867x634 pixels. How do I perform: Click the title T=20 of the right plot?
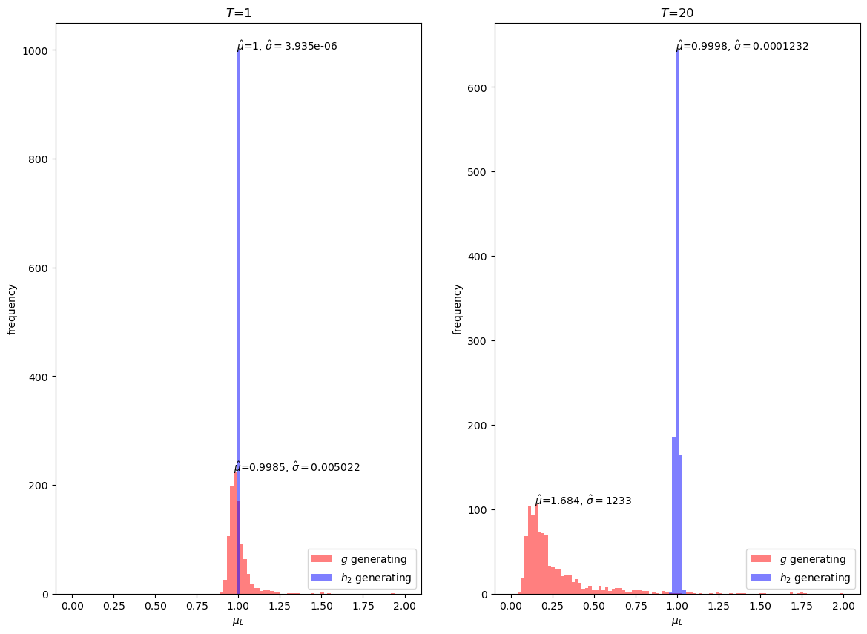pos(677,13)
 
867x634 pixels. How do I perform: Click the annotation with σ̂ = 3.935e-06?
pos(287,46)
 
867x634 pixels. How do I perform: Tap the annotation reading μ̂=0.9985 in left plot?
pos(297,467)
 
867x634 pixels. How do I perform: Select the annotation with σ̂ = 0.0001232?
pos(742,46)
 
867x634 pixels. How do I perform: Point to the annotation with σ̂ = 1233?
pos(583,501)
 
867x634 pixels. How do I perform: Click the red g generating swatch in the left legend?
pos(322,559)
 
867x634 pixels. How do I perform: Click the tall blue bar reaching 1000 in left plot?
pos(238,297)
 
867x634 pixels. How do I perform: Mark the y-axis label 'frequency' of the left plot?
pos(12,308)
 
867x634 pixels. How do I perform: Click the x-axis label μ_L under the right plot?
pos(677,621)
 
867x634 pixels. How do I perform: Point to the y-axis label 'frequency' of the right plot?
pos(458,308)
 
